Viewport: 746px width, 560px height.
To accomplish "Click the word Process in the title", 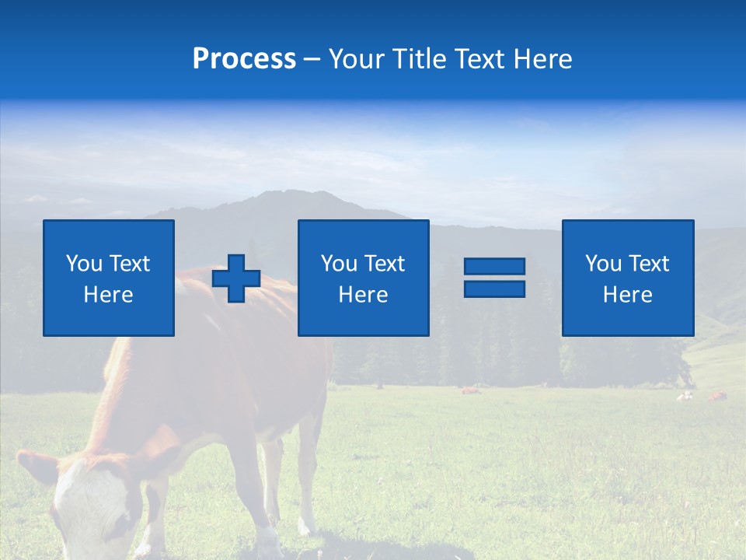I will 244,59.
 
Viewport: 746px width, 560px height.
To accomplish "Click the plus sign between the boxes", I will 236,278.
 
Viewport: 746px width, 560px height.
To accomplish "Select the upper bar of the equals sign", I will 494,266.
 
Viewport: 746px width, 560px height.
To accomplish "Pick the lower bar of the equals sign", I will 494,289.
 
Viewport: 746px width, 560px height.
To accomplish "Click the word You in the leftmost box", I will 83,263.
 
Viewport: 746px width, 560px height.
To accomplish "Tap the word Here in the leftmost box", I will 108,295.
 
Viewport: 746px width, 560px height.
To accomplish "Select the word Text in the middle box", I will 385,263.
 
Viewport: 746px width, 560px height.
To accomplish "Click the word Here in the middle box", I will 363,295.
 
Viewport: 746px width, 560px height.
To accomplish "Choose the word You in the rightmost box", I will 603,263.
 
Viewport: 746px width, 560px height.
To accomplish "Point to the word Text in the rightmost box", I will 649,263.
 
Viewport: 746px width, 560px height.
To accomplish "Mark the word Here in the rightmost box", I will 627,295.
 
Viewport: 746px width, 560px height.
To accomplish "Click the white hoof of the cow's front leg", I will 268,539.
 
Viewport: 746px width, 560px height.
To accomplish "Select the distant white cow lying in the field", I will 684,396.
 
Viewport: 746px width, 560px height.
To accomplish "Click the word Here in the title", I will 542,59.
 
